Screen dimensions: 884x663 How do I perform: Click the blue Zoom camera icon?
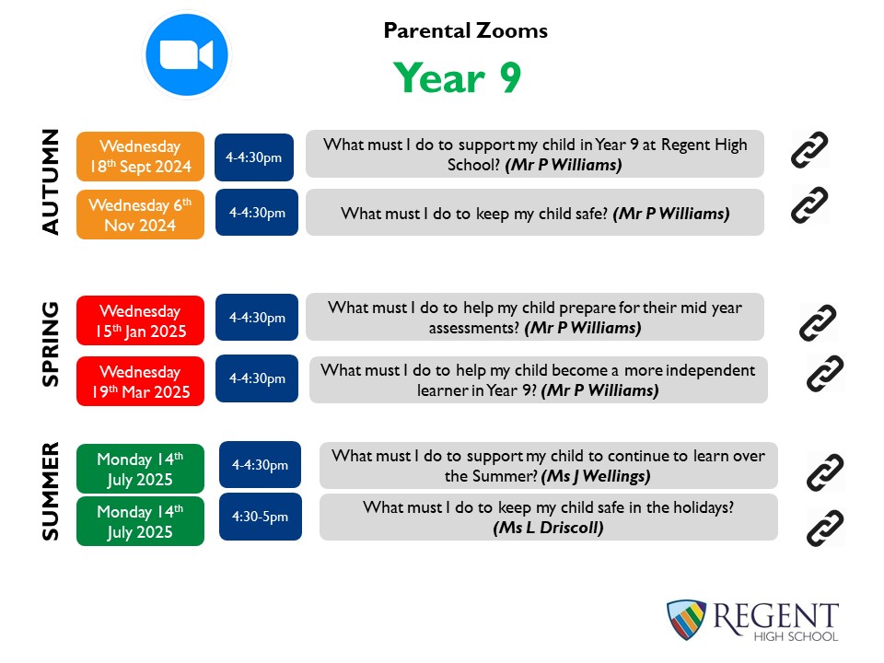click(187, 54)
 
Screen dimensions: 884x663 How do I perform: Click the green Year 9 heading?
click(458, 77)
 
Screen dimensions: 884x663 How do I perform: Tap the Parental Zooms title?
click(466, 30)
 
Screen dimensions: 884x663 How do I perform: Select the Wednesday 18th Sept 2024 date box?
click(140, 157)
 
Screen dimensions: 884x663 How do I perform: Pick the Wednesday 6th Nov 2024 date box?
click(140, 215)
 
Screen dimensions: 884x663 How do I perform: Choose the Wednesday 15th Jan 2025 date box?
click(140, 320)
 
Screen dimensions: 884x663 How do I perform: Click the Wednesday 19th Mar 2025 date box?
click(140, 381)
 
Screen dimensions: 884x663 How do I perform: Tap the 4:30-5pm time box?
click(261, 517)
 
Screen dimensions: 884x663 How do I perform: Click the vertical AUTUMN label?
click(50, 181)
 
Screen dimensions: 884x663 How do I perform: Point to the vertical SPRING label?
click(50, 343)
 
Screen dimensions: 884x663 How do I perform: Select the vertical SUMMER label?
click(50, 492)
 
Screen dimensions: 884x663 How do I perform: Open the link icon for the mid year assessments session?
click(818, 322)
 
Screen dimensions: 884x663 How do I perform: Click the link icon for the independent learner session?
click(825, 373)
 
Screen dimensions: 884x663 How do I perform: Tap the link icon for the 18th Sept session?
click(809, 149)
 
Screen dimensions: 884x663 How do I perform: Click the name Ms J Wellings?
click(596, 476)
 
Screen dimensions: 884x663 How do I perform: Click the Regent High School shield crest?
click(686, 620)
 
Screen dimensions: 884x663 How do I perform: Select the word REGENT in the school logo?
click(775, 616)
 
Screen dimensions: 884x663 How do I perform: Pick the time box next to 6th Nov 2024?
click(257, 213)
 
